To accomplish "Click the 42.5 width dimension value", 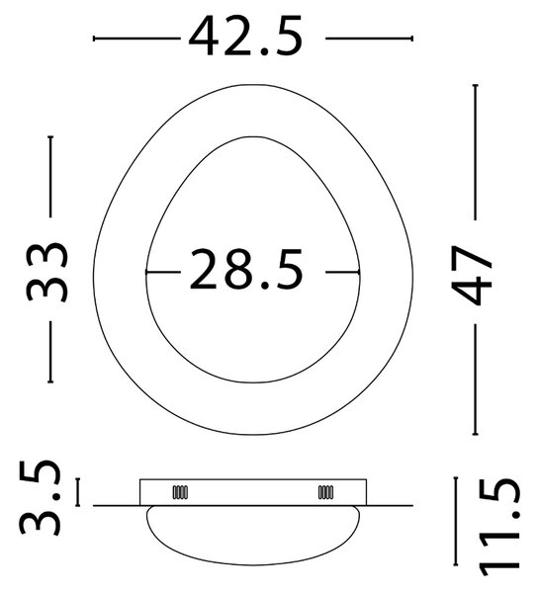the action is coord(246,37).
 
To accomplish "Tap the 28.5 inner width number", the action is coord(246,269).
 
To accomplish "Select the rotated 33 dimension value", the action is coord(47,272).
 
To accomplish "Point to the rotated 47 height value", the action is coord(472,276).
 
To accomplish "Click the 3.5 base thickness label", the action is coord(41,498).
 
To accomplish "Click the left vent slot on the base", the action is coord(180,492).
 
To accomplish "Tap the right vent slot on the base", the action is coord(325,492).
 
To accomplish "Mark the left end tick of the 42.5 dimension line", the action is coord(94,39).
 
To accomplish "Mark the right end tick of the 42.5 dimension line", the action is coord(412,39).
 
